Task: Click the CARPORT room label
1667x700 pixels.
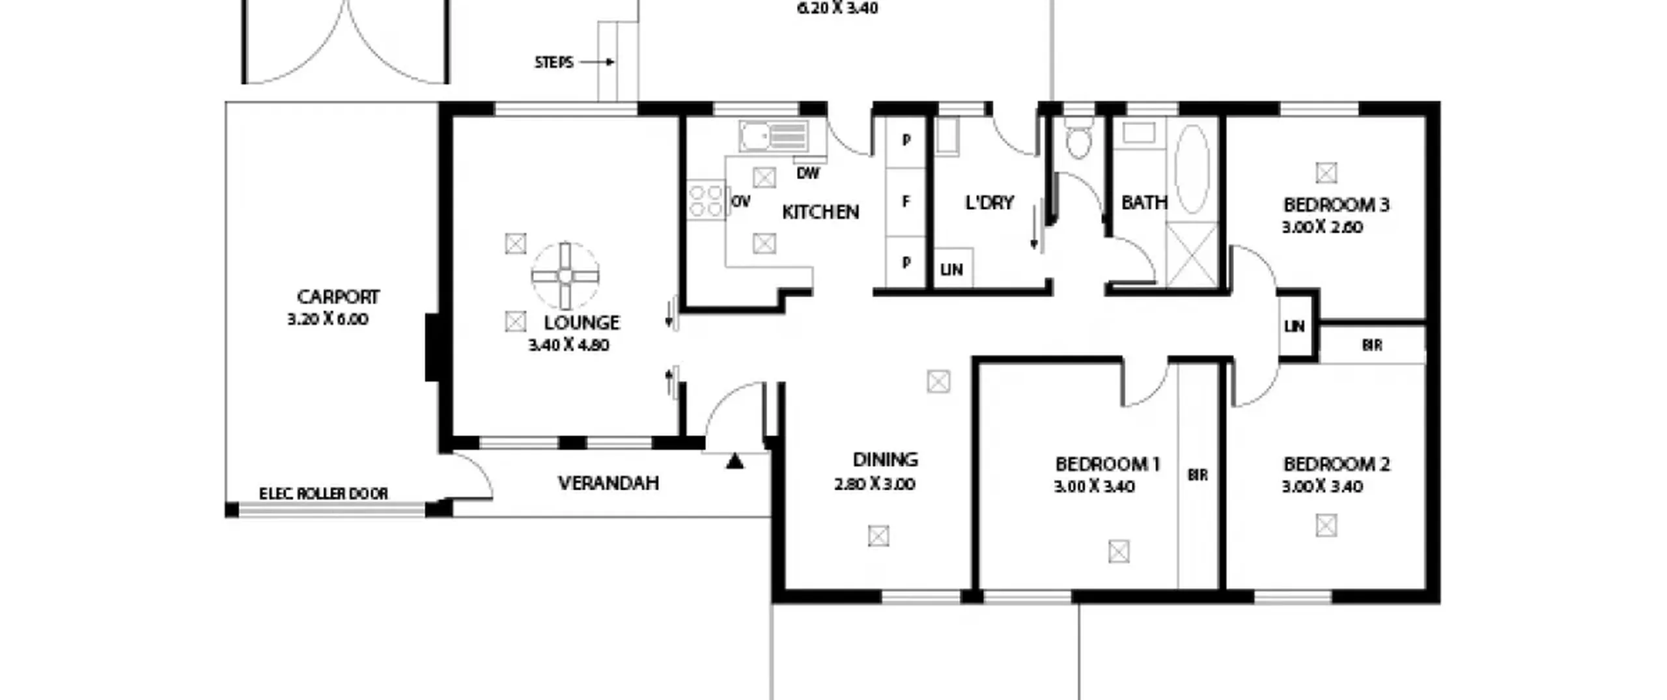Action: [x=338, y=297]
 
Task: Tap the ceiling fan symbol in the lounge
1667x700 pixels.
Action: [x=565, y=276]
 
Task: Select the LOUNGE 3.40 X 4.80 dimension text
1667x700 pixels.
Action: [x=568, y=345]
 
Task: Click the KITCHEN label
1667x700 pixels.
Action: [x=820, y=212]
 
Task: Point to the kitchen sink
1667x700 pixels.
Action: [x=774, y=136]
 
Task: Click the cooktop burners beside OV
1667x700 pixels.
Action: [x=707, y=200]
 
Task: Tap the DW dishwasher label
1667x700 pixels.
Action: [x=807, y=173]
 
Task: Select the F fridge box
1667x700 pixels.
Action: [x=905, y=202]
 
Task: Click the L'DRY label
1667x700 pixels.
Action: [x=989, y=203]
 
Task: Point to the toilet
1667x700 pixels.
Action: [x=1078, y=138]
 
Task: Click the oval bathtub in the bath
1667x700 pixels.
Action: [x=1192, y=169]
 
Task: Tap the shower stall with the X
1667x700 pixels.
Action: [x=1192, y=255]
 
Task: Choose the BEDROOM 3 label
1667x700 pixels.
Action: [x=1336, y=204]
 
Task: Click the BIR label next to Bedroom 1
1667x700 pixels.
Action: [x=1198, y=475]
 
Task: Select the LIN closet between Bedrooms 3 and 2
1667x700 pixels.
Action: [x=1295, y=326]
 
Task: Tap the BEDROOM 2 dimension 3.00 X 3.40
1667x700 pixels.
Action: [x=1322, y=486]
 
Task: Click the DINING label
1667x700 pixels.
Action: [x=885, y=460]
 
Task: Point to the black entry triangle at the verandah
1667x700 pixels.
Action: [x=735, y=461]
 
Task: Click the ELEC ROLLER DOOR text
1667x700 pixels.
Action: [x=324, y=494]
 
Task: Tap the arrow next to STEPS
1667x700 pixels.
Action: [x=597, y=63]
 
